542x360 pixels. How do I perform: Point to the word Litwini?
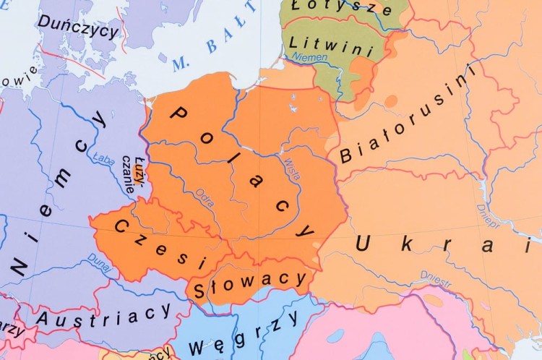(331, 46)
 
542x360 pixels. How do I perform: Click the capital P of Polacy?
(178, 114)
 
